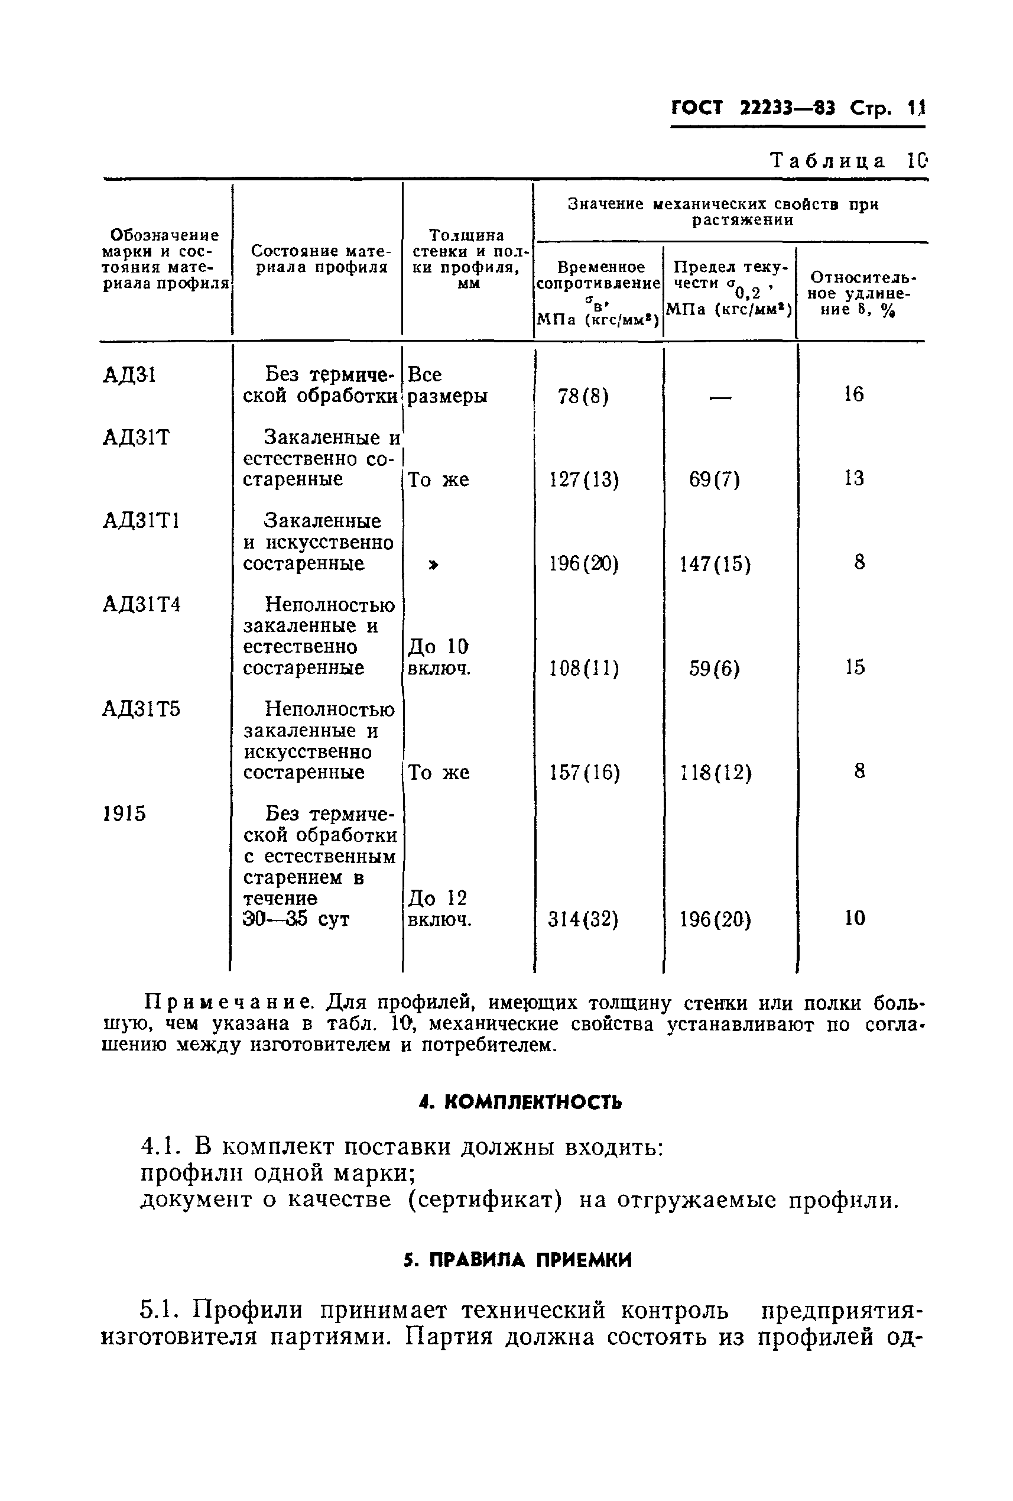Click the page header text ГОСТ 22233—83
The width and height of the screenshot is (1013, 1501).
click(x=752, y=107)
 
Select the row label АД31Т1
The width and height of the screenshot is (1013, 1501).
click(x=141, y=521)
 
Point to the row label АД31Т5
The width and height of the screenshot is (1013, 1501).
click(x=141, y=709)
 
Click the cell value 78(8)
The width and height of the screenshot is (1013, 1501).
click(x=583, y=396)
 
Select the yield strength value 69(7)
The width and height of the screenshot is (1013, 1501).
click(x=714, y=480)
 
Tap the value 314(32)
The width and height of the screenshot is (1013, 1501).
click(x=583, y=919)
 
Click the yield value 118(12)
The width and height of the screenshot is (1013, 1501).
click(x=715, y=773)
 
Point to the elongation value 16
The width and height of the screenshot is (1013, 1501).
click(x=853, y=394)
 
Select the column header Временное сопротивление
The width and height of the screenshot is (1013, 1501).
click(x=599, y=275)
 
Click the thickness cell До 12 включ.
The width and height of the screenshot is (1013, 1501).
click(x=439, y=909)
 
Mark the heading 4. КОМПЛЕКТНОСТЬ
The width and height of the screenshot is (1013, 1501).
click(x=520, y=1103)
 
